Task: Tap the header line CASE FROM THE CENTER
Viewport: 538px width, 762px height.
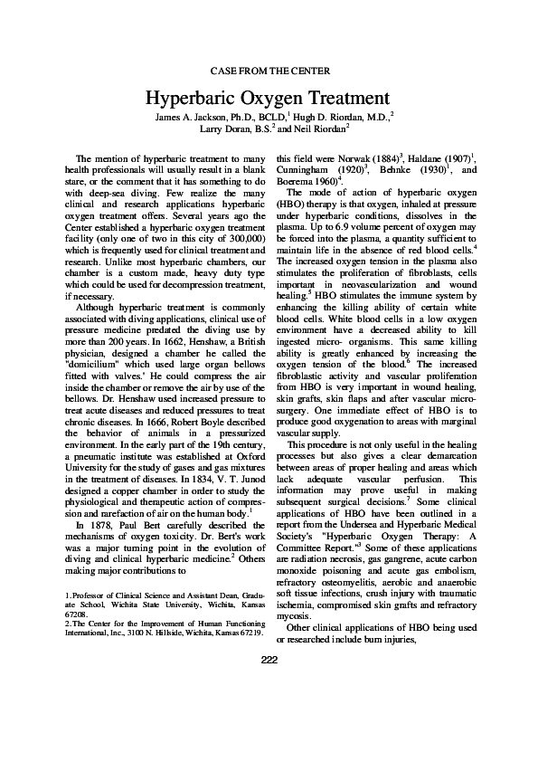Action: click(269, 70)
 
